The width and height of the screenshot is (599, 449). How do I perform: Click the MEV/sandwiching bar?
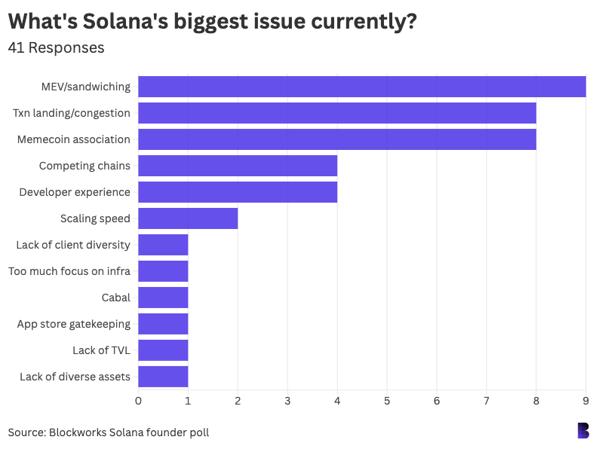coord(362,87)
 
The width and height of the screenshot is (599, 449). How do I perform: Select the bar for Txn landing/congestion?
coord(337,113)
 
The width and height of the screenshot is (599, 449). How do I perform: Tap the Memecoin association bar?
coord(337,139)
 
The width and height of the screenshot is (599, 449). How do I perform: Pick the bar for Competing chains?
coord(238,166)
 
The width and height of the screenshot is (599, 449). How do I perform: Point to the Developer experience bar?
coord(238,192)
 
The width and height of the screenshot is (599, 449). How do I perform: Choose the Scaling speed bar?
coord(188,218)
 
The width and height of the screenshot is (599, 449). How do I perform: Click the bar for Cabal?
coord(163,298)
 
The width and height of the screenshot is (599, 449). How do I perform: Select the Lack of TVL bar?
coord(163,350)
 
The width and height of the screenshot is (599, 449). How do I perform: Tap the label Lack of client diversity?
coord(73,245)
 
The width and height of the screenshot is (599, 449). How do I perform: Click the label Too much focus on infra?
coord(69,271)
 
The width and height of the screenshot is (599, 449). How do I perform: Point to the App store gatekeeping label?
coord(74,324)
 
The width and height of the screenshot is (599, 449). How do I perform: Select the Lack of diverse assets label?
coord(75,377)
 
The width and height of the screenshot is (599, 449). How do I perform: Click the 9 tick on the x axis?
coord(586,400)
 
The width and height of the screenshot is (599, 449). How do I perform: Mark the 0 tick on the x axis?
coord(138,400)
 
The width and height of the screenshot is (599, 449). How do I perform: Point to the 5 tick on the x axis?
coord(387,400)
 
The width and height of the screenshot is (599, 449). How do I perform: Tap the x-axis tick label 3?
coord(287,400)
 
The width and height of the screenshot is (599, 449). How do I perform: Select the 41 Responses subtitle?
coord(56,47)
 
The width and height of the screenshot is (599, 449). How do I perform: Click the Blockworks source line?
coord(109,432)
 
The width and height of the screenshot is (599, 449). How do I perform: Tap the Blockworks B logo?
coord(582,430)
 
